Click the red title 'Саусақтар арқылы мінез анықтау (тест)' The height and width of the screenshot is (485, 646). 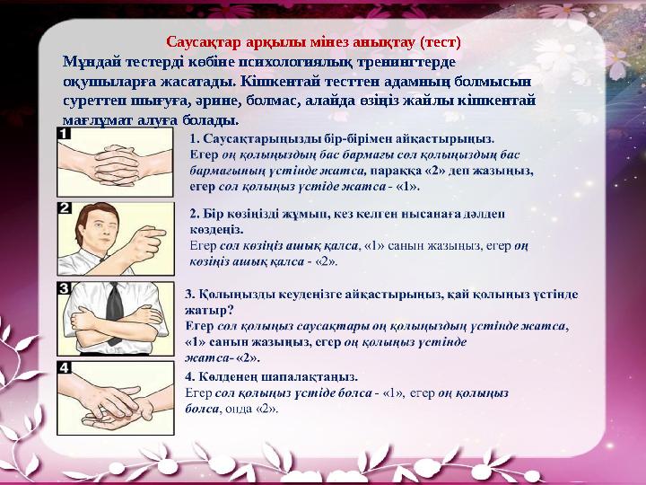pyautogui.click(x=314, y=42)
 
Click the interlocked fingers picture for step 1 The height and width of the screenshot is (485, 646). pyautogui.click(x=117, y=162)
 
